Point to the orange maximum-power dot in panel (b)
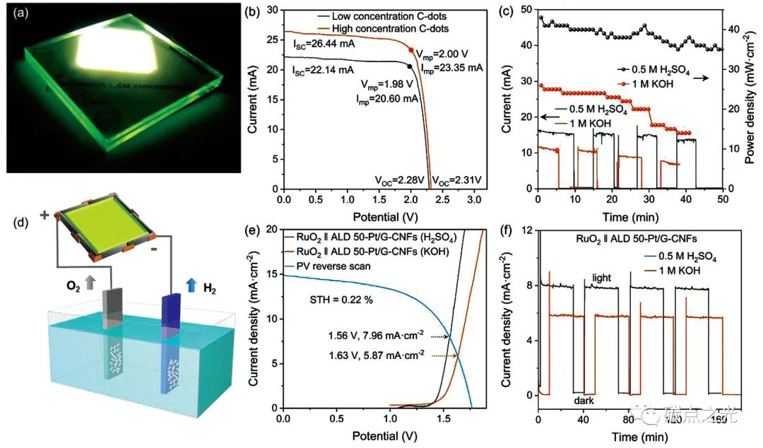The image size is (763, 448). tap(412, 50)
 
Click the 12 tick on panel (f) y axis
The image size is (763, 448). tap(527, 230)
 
